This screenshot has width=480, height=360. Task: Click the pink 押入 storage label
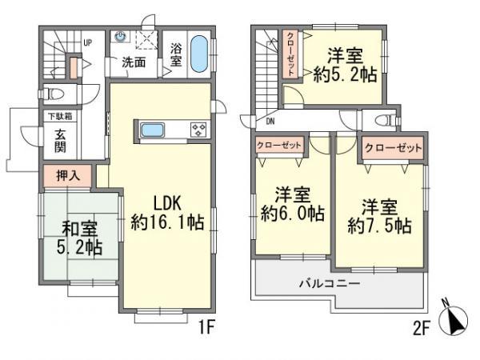click(67, 174)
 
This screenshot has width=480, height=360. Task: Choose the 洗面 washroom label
click(134, 62)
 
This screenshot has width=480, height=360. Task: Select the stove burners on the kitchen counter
click(198, 130)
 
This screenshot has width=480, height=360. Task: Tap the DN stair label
click(270, 122)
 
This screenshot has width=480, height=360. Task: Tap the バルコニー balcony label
click(330, 283)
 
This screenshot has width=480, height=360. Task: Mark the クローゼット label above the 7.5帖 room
click(393, 149)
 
